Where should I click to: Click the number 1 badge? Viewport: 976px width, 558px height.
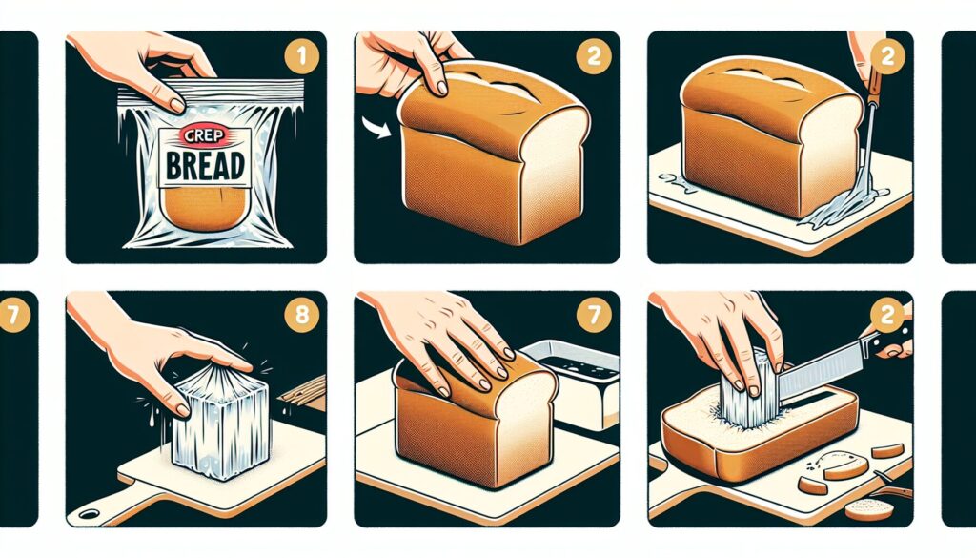pyautogui.click(x=301, y=57)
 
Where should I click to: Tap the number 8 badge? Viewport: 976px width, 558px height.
pyautogui.click(x=301, y=316)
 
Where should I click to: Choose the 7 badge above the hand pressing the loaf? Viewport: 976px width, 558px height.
pyautogui.click(x=595, y=316)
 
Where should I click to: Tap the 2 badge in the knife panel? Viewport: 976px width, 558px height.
pyautogui.click(x=887, y=316)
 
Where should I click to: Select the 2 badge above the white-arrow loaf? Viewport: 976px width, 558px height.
pyautogui.click(x=595, y=57)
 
